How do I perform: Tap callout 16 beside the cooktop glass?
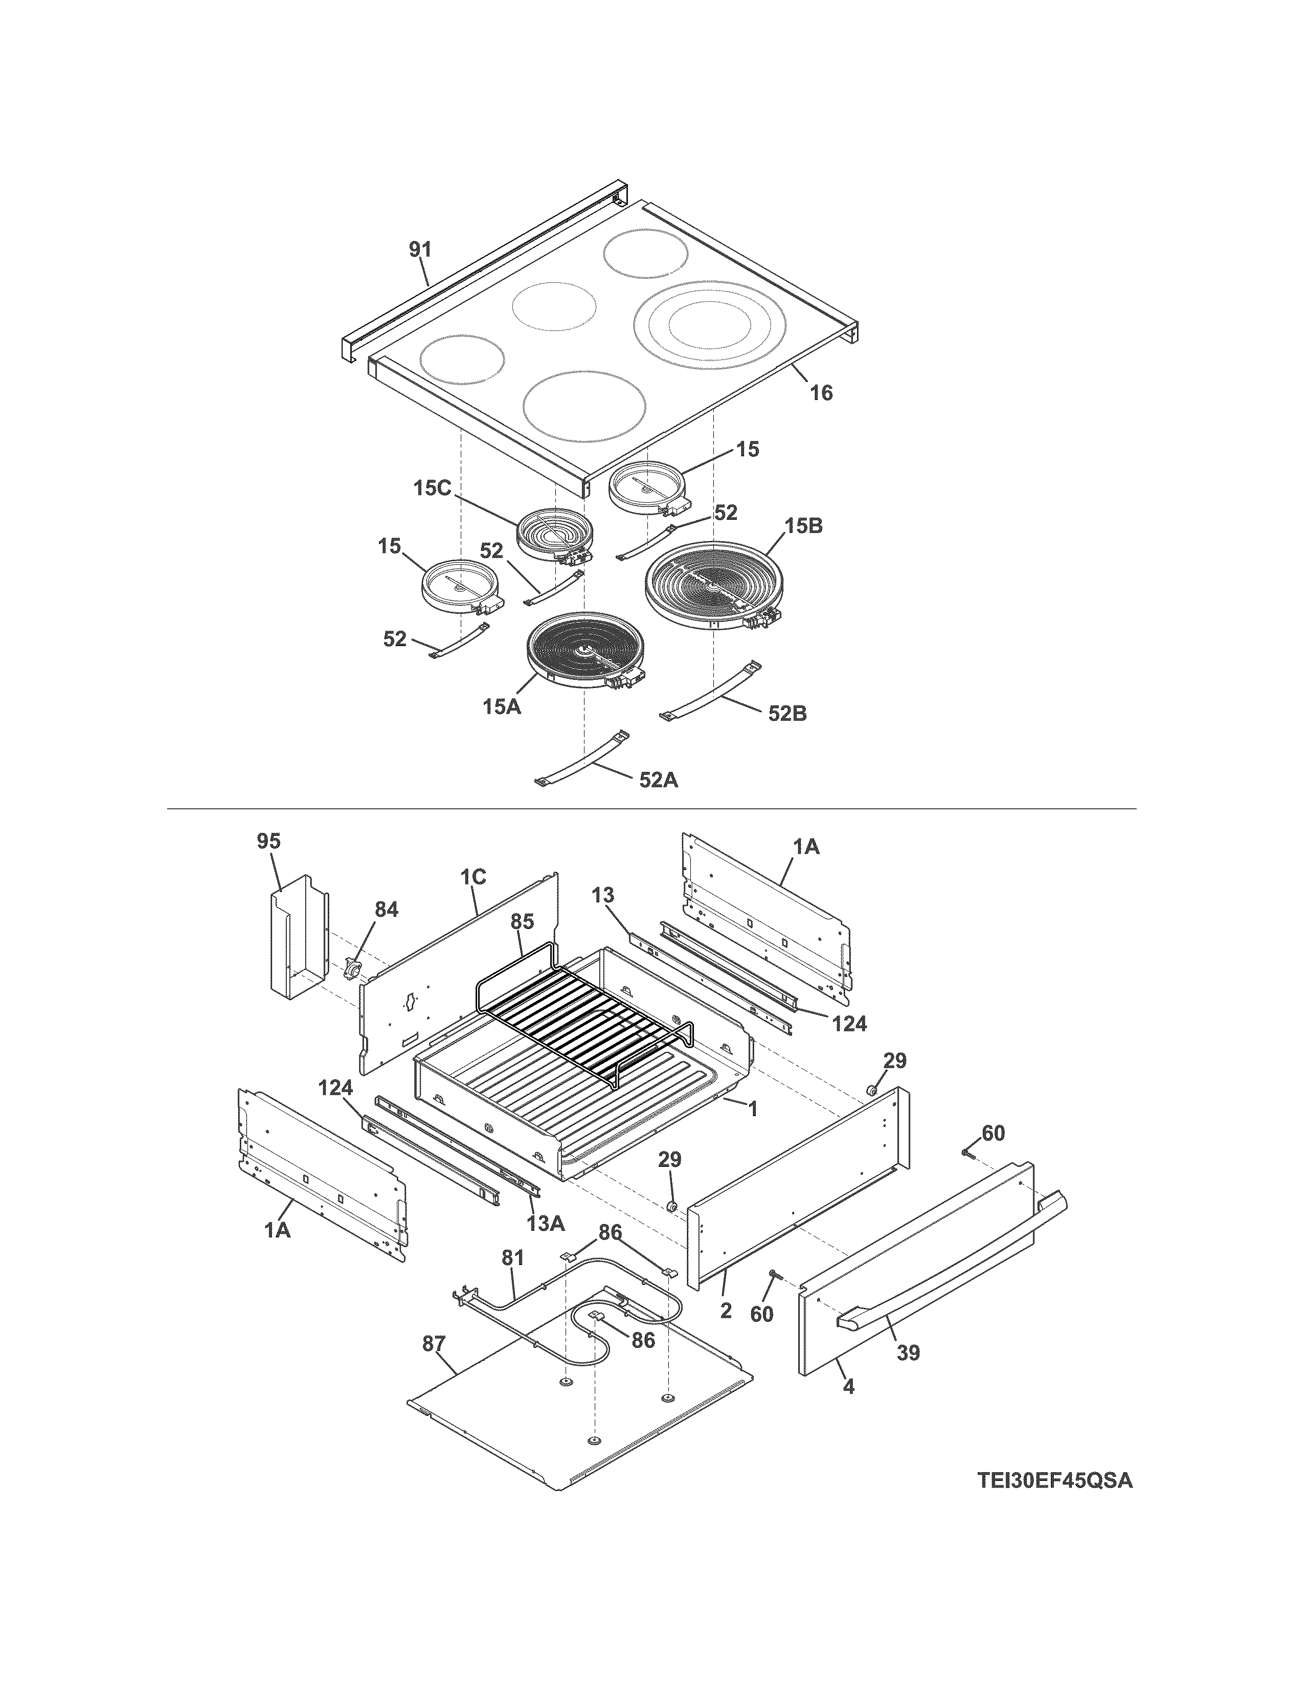821,393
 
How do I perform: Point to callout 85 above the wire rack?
522,922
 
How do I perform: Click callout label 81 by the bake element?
512,1258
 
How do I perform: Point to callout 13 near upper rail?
603,895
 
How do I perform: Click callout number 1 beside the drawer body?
752,1110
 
